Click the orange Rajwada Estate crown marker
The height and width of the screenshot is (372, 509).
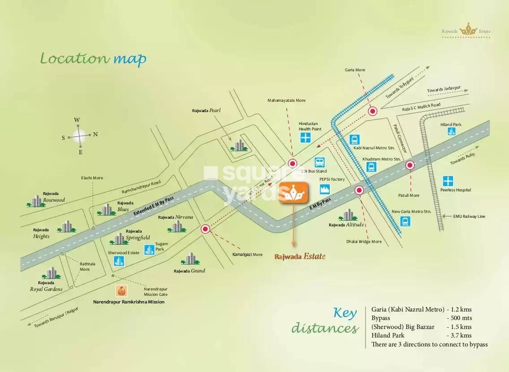point(293,193)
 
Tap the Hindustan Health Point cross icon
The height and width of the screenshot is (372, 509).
point(306,138)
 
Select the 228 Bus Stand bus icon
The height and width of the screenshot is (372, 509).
point(319,162)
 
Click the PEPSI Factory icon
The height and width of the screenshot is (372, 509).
point(324,189)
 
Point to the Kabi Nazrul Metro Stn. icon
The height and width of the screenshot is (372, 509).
point(355,139)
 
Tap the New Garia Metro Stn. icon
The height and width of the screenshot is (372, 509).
point(405,221)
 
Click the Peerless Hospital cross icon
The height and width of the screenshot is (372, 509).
point(448,181)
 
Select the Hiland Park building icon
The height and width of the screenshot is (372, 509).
point(451,131)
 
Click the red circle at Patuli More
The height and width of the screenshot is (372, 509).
point(410,165)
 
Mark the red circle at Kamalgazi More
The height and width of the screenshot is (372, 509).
point(206,229)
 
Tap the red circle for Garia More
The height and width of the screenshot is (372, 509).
point(372,111)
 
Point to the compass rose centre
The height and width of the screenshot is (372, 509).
point(80,135)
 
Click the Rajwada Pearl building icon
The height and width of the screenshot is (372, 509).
point(239,145)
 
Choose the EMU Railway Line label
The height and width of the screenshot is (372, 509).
point(469,216)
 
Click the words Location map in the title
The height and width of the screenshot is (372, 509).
point(93,59)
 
